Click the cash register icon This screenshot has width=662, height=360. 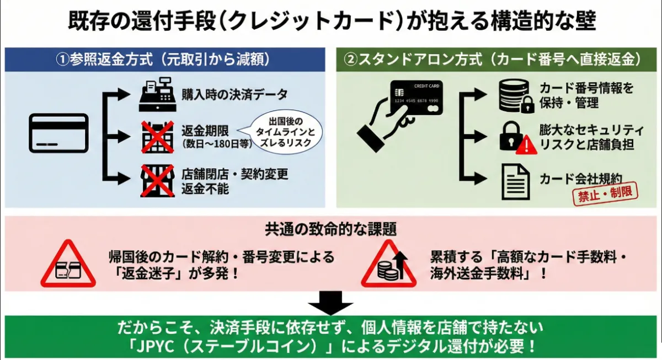pyautogui.click(x=158, y=94)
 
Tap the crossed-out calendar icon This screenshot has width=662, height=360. pyautogui.click(x=158, y=137)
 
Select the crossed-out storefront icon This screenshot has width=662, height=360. pyautogui.click(x=158, y=181)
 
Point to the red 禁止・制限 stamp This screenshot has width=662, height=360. pyautogui.click(x=605, y=194)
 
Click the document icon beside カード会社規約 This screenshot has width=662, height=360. pyautogui.click(x=516, y=182)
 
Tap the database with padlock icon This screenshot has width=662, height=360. pyautogui.click(x=516, y=96)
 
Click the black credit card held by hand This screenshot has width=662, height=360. pyautogui.click(x=417, y=98)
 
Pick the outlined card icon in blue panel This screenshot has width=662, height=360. pyautogui.click(x=58, y=133)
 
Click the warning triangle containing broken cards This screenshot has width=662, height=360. pyautogui.click(x=68, y=264)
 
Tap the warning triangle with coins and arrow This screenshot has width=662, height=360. pyautogui.click(x=388, y=264)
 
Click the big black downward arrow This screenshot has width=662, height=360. pyautogui.click(x=330, y=303)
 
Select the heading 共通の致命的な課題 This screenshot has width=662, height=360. pyautogui.click(x=330, y=229)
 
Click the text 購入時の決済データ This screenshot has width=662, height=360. pyautogui.click(x=234, y=94)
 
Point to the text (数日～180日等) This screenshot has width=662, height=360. pyautogui.click(x=217, y=144)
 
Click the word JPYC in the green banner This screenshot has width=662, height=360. pyautogui.click(x=155, y=346)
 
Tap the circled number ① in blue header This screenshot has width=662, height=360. pyautogui.click(x=63, y=60)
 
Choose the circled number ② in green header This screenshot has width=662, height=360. pyautogui.click(x=351, y=60)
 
